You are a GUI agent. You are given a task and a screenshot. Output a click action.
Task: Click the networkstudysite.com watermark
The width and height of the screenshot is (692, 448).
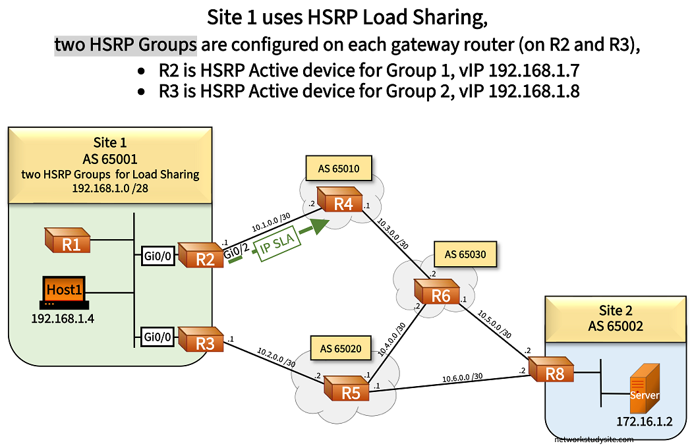[x=594, y=439]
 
